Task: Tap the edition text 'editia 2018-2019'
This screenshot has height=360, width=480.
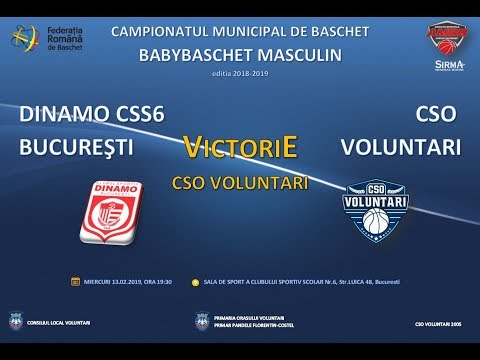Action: [x=240, y=73]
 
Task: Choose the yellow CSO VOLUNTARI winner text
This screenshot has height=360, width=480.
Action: [x=240, y=183]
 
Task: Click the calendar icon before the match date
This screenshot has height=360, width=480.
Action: [x=75, y=282]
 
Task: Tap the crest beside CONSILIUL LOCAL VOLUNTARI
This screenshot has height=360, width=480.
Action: [x=14, y=322]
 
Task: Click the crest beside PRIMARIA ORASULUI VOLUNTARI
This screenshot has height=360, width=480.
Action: [x=204, y=322]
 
